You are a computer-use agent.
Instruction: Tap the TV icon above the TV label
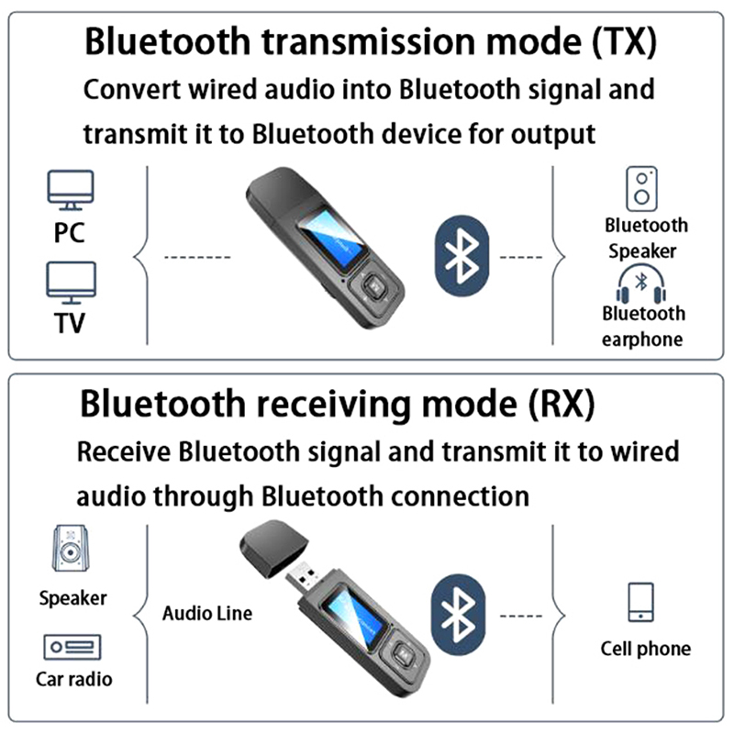(72, 283)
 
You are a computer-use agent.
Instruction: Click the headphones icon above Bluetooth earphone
(642, 284)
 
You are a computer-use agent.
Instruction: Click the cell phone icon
(639, 602)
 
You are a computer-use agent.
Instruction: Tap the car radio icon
(72, 648)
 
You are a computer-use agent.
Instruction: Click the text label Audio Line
(206, 613)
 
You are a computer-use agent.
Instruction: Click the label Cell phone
(646, 649)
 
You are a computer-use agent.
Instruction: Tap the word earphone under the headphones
(642, 339)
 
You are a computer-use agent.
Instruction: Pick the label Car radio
(74, 680)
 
